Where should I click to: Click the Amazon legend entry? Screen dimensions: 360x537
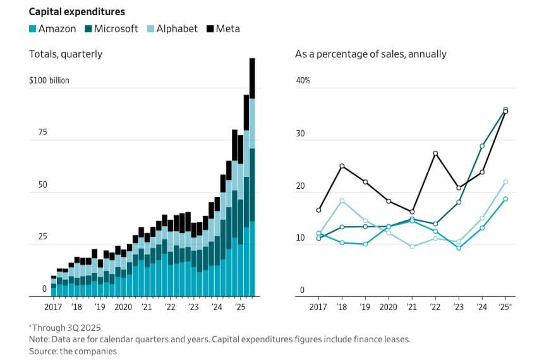[52, 28]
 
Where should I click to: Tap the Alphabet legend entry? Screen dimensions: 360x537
[171, 28]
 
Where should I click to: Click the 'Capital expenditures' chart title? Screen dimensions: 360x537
[76, 11]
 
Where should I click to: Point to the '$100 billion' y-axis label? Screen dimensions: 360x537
[49, 81]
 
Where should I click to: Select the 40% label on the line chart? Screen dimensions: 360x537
[303, 81]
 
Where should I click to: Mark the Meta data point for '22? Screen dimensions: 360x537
[435, 153]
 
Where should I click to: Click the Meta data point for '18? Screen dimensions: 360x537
[342, 166]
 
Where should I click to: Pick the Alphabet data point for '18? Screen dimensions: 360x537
[342, 201]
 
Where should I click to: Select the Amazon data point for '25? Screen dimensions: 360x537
[505, 199]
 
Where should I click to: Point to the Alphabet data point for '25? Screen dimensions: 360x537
[505, 182]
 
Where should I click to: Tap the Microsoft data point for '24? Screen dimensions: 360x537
[482, 146]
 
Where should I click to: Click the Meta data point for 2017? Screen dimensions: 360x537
[318, 210]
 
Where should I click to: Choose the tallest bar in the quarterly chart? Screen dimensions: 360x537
[252, 177]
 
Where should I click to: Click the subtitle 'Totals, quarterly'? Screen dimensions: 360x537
[66, 54]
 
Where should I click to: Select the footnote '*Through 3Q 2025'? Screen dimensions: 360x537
[65, 327]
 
